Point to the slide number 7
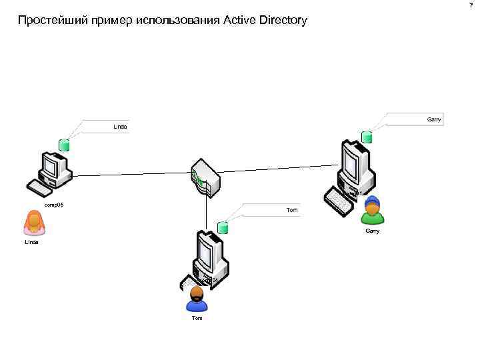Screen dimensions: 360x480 pyautogui.click(x=471, y=5)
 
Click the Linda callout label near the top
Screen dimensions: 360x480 pyautogui.click(x=120, y=126)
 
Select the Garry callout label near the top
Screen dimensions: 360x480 pyautogui.click(x=434, y=119)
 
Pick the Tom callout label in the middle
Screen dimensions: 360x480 pyautogui.click(x=292, y=210)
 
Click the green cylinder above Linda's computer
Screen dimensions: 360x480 pyautogui.click(x=64, y=145)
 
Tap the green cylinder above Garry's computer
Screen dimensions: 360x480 pyautogui.click(x=367, y=137)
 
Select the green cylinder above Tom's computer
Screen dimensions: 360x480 pyautogui.click(x=223, y=229)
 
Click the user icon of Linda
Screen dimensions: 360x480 pyautogui.click(x=33, y=223)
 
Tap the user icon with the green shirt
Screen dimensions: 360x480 pyautogui.click(x=373, y=211)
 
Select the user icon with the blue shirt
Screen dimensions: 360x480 pyautogui.click(x=197, y=299)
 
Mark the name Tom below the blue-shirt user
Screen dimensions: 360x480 pyautogui.click(x=197, y=319)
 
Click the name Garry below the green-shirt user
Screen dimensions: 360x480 pyautogui.click(x=373, y=231)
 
